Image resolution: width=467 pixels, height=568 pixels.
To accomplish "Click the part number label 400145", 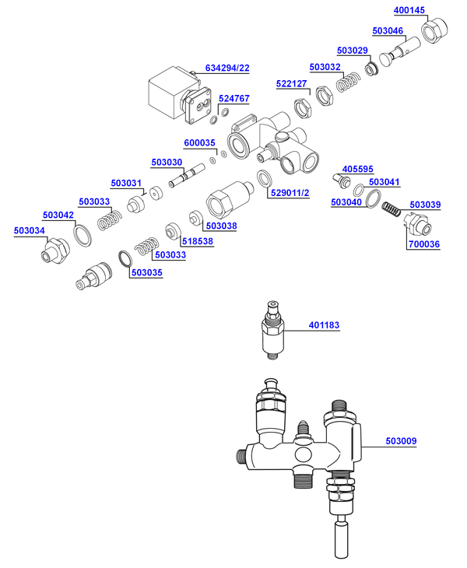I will point(409,10).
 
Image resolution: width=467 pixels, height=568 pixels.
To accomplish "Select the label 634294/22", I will point(227,68).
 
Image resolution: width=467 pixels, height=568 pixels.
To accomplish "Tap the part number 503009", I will point(402,441).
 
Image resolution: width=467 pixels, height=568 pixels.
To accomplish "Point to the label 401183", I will point(325,325).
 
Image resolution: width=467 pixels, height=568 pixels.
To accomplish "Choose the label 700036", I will point(424,244).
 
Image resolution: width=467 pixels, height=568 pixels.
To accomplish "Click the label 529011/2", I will point(289,193).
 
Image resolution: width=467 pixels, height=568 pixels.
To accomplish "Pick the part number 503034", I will point(30,230).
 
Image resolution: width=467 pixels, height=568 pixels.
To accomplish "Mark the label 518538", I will point(198,242).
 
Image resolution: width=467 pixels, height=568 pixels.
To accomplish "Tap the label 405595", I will point(358,168).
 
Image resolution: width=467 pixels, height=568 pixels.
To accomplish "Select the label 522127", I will point(293,83).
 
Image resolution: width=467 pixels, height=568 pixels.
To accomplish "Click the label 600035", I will point(199,142).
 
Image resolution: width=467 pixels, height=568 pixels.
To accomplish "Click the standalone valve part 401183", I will point(272,331).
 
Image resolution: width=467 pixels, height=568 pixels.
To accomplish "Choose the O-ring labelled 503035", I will point(125,258).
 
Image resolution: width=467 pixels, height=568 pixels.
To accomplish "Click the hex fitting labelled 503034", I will point(54,251).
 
